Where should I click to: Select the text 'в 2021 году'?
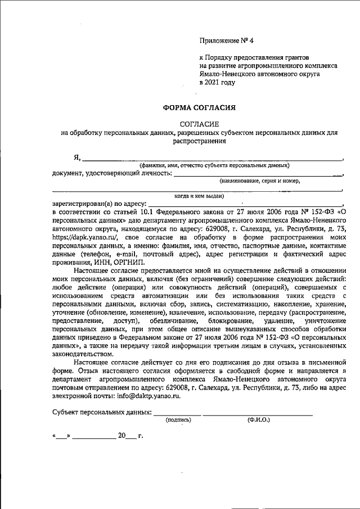click(217, 82)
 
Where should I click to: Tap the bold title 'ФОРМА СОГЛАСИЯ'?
click(191, 107)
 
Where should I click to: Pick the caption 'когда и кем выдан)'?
click(200, 196)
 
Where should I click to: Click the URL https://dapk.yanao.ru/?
click(85, 238)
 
